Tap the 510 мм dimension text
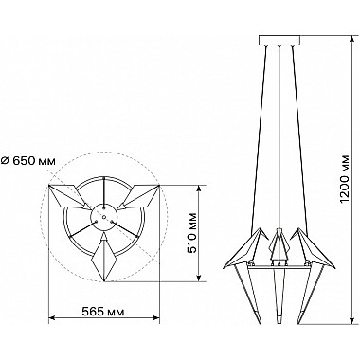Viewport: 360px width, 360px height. [191, 233]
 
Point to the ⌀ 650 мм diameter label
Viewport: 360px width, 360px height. [28, 161]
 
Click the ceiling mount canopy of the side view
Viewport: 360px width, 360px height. [279, 41]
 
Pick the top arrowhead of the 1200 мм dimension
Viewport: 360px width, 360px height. [352, 39]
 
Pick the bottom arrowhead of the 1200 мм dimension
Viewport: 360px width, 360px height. [352, 319]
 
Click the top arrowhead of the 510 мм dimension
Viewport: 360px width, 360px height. [199, 189]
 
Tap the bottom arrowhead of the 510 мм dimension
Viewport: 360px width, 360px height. [199, 277]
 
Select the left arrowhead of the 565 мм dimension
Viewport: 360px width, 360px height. [53, 318]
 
